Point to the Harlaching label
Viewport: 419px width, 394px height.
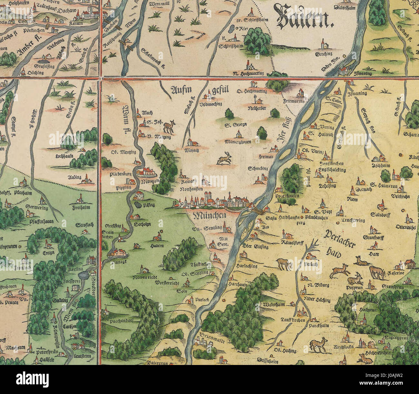coord(247,266)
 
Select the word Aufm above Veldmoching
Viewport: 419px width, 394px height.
coord(181,90)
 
